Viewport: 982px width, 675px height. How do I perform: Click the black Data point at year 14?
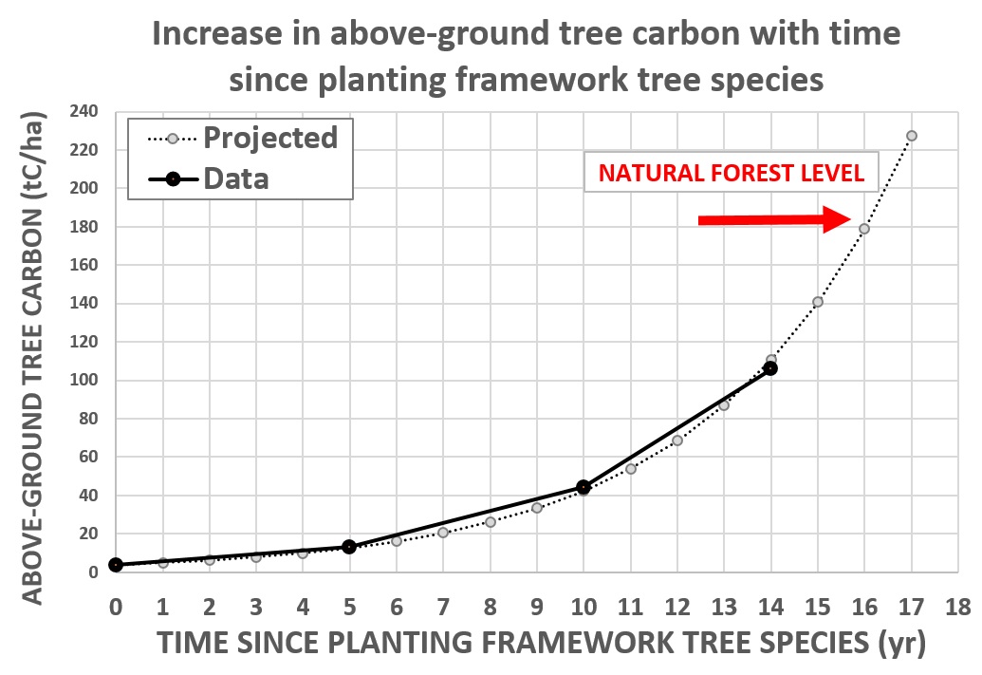pos(770,368)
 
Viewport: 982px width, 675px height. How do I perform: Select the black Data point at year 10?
pos(584,487)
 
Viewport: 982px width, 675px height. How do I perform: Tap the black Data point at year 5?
pos(349,547)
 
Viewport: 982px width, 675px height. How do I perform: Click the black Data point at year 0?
pos(116,565)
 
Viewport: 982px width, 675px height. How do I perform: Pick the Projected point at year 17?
pos(911,136)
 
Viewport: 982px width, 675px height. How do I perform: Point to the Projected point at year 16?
pos(864,230)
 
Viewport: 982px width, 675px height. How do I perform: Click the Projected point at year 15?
pos(817,302)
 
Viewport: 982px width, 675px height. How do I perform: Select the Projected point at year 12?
pos(677,441)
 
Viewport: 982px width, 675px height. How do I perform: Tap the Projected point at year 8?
pos(490,522)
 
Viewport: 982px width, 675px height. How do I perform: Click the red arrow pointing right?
pos(775,219)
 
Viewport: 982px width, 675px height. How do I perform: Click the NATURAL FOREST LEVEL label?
pos(732,173)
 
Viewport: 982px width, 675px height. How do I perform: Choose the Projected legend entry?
pos(242,138)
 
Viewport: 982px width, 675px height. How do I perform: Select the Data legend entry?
pos(209,179)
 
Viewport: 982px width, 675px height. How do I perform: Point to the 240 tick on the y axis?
pos(83,112)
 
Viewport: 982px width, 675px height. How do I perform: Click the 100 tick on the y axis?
pos(83,380)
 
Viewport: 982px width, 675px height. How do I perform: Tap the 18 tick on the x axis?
pos(957,607)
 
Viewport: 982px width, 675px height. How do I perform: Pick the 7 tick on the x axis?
pos(443,607)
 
